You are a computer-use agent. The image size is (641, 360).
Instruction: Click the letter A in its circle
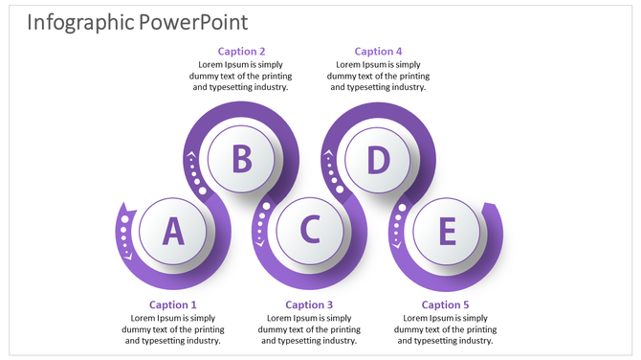pyautogui.click(x=173, y=231)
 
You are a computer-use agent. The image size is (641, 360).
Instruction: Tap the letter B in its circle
pyautogui.click(x=242, y=158)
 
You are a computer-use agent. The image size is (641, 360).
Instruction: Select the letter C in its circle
pyautogui.click(x=310, y=231)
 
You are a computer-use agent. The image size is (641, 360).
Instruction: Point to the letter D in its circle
pyautogui.click(x=379, y=158)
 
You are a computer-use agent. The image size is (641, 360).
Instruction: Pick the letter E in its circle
pyautogui.click(x=447, y=231)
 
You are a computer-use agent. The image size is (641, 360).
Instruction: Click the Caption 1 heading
pyautogui.click(x=173, y=304)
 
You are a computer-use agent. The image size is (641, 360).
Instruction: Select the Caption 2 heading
pyautogui.click(x=242, y=51)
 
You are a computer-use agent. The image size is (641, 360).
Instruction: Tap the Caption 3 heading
pyautogui.click(x=310, y=304)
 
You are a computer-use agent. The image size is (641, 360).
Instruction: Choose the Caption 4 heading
pyautogui.click(x=379, y=51)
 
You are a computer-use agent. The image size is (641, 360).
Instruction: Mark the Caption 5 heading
pyautogui.click(x=446, y=304)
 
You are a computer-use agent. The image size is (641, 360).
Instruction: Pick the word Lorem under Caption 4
pyautogui.click(x=348, y=64)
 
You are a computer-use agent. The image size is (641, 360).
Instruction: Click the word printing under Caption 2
pyautogui.click(x=274, y=76)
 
